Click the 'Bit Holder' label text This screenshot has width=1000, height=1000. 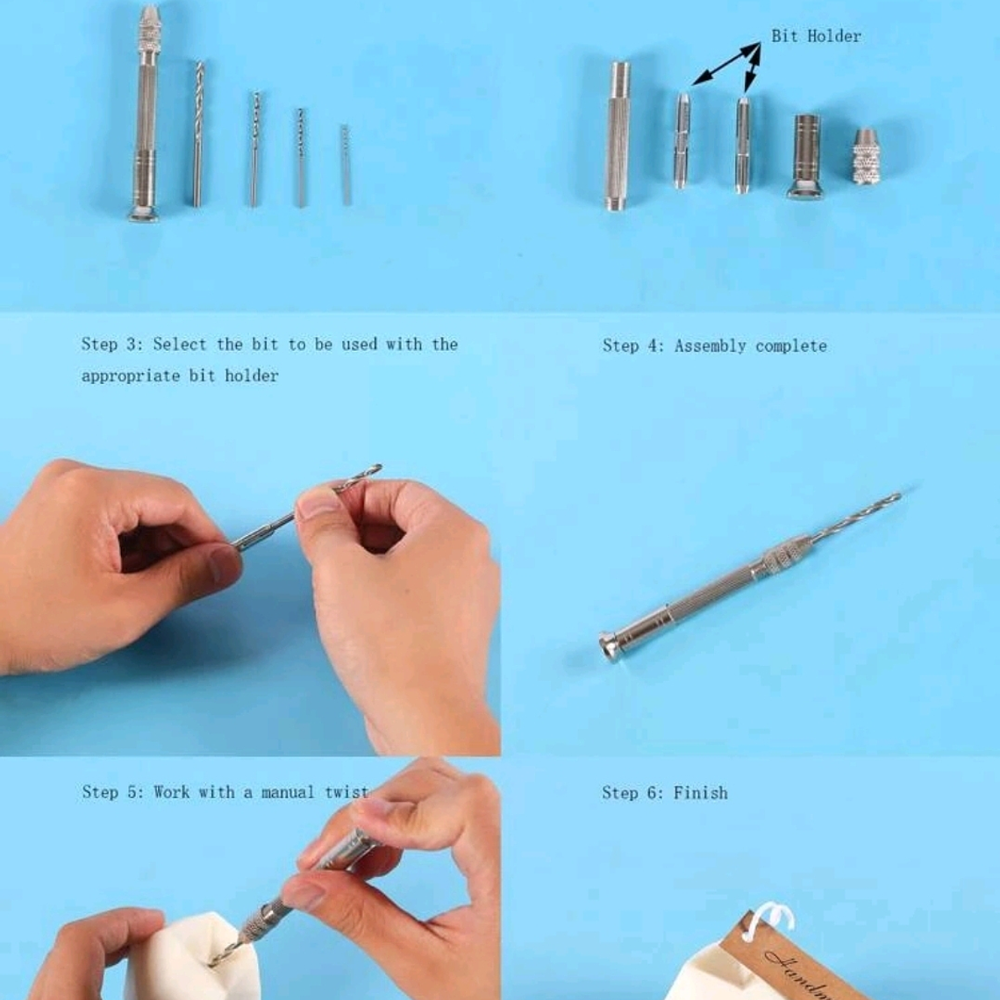[x=816, y=36]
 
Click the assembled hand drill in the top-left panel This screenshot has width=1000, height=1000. [x=146, y=114]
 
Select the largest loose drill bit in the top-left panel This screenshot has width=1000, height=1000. [x=198, y=133]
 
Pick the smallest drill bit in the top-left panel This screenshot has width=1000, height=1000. [x=346, y=165]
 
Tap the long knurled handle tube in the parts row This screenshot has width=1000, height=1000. [x=618, y=136]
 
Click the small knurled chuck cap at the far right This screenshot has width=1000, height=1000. [x=866, y=157]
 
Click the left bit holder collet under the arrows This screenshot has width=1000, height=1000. [x=682, y=140]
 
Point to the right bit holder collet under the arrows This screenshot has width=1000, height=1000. [x=742, y=145]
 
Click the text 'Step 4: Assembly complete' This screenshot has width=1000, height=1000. [x=714, y=346]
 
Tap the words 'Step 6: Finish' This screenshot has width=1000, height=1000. [x=664, y=793]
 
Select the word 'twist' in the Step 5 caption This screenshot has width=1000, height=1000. [x=346, y=792]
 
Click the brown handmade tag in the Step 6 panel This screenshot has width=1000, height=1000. [x=781, y=961]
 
